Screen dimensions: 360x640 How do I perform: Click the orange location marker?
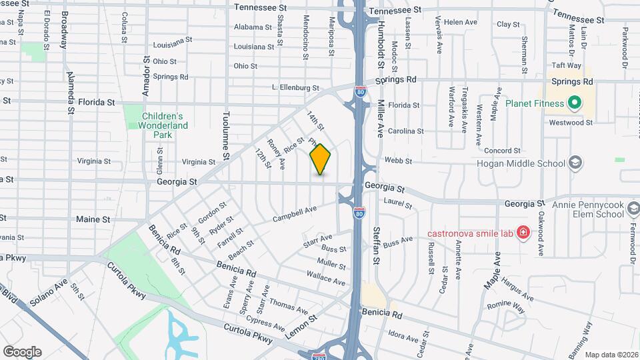[321, 159]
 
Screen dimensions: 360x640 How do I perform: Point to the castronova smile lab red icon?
[523, 233]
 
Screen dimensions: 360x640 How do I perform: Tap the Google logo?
[22, 352]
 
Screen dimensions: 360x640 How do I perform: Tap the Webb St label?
[399, 161]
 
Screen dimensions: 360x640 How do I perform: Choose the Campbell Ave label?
[295, 214]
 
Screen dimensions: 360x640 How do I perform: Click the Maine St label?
[93, 219]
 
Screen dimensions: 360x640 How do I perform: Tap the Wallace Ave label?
[327, 278]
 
